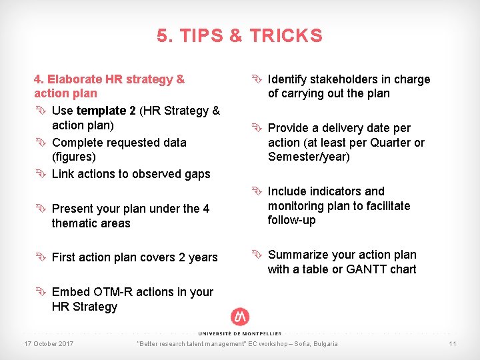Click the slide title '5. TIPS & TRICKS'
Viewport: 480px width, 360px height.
[x=239, y=36]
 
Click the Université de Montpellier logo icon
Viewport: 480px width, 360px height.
[x=239, y=317]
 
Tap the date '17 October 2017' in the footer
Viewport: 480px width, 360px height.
[x=49, y=343]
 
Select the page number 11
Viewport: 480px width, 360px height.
[x=452, y=343]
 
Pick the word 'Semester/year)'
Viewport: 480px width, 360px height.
[x=309, y=157]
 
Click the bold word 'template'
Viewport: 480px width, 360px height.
[x=101, y=111]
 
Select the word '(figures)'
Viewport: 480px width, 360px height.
[x=73, y=157]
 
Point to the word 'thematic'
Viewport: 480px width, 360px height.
[x=74, y=223]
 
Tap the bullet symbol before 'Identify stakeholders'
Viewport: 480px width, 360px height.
[x=257, y=79]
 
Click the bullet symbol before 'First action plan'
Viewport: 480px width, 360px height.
[x=41, y=257]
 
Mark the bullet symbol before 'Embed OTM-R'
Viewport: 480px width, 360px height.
[x=41, y=292]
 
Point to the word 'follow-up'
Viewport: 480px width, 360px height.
[x=292, y=220]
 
